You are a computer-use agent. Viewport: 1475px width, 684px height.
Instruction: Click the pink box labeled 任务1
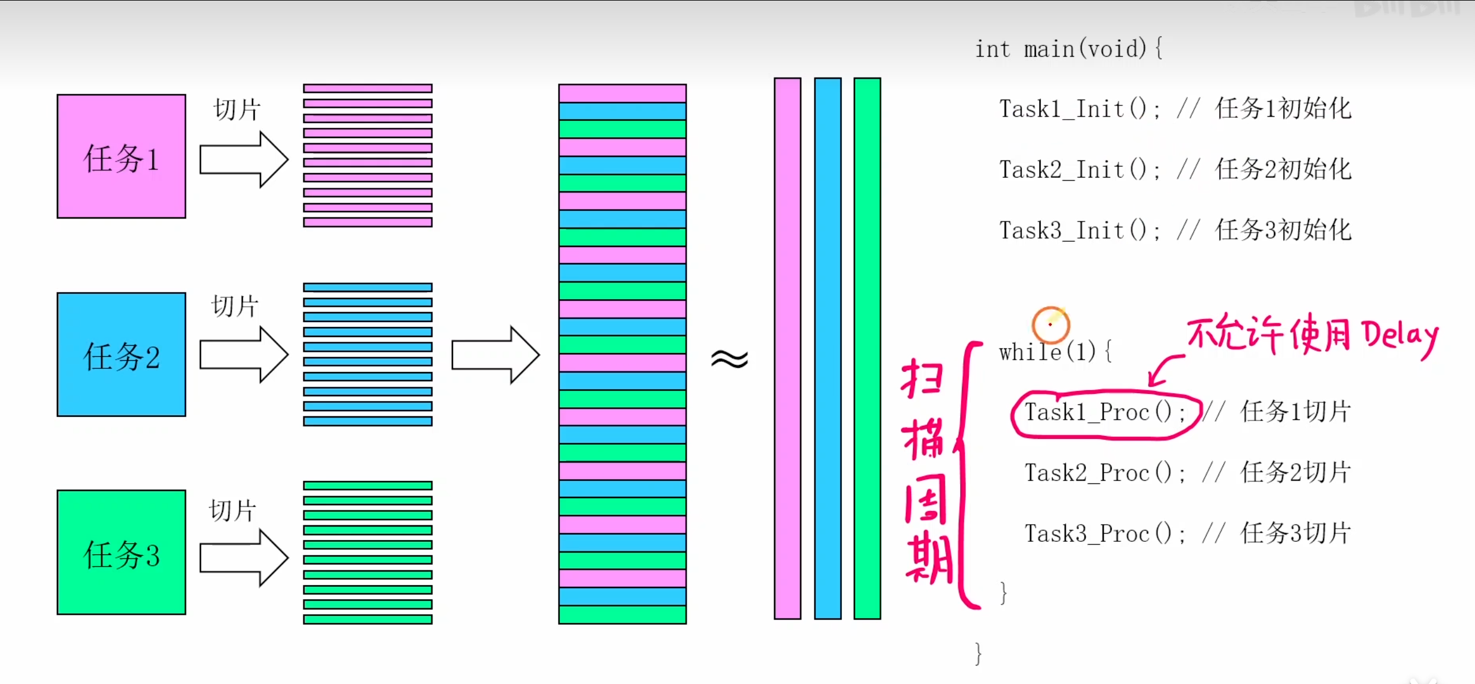121,156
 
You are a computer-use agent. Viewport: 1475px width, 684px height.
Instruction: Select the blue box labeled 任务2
121,355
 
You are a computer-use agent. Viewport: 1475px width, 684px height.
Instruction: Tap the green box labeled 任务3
121,553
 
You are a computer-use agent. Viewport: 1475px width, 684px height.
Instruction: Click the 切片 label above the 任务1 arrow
237,110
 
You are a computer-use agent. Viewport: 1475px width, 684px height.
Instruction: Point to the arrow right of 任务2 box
243,355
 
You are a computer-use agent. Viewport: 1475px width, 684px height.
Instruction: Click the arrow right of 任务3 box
243,558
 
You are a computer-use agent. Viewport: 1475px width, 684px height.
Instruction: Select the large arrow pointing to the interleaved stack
495,355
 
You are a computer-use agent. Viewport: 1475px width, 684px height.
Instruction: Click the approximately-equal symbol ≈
730,359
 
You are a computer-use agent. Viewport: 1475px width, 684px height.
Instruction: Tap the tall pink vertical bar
787,348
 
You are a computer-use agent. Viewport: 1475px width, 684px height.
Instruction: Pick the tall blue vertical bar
828,348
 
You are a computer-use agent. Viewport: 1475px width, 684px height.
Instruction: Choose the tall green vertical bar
867,348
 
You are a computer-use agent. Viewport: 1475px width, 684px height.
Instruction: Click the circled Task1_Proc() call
1105,413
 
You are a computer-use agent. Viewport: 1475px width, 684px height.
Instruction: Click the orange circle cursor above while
1050,325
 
